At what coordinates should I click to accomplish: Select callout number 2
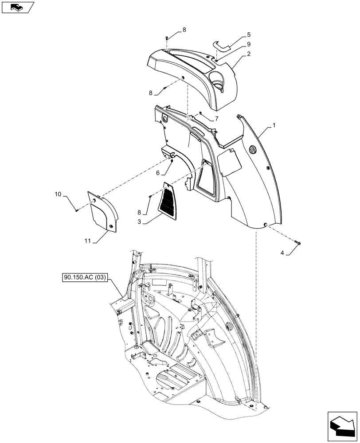(x=249, y=54)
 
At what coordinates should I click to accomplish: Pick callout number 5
(x=249, y=34)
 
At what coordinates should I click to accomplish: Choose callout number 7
(x=216, y=118)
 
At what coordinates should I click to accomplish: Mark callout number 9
(x=249, y=44)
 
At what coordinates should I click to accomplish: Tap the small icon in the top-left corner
(x=17, y=7)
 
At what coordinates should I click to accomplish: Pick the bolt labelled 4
(x=297, y=241)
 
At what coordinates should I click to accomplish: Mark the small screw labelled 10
(x=77, y=210)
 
